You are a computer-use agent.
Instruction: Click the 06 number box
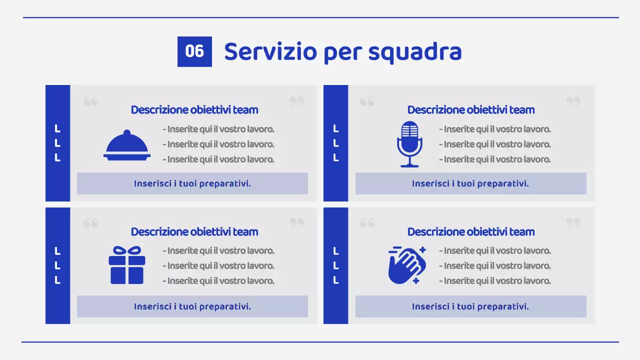194,51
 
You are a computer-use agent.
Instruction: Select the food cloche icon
127,145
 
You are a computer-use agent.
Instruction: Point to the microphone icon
409,144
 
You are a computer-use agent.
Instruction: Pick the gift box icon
127,265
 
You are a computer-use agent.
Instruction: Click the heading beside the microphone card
471,110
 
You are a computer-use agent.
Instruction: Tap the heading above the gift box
194,232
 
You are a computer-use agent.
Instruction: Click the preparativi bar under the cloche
192,183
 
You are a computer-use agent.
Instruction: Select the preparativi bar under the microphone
470,183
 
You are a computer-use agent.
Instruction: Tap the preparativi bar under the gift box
192,306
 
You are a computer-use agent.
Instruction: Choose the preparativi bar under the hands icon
470,306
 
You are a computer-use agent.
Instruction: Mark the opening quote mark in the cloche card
90,102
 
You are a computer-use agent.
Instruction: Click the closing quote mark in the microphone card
573,101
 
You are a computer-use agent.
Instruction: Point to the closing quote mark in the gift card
297,222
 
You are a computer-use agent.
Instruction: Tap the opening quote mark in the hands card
367,223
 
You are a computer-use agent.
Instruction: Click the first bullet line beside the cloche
218,129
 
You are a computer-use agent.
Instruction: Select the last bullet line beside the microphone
495,159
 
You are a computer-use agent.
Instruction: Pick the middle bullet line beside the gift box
218,266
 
